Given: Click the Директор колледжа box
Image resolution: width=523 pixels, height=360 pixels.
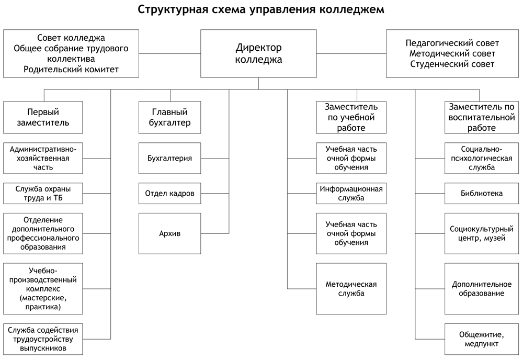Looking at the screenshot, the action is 258,54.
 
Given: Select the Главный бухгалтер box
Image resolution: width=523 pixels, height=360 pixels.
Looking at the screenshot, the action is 170,117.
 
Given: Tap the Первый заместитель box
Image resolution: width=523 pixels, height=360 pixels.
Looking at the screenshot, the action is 43,117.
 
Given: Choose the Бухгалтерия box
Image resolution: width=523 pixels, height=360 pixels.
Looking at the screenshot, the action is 170,158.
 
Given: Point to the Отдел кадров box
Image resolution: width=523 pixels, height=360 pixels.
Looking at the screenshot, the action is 170,194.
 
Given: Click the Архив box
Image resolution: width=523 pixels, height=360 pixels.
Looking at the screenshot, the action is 170,233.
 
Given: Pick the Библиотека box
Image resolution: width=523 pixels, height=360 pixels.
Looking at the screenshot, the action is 482,194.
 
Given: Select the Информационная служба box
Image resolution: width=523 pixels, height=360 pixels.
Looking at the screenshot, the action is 351,194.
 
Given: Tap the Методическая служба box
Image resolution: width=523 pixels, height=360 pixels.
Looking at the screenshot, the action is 351,289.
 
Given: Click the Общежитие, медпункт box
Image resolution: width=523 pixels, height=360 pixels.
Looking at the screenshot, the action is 482,339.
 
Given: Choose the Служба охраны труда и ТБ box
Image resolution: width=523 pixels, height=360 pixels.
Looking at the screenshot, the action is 43,194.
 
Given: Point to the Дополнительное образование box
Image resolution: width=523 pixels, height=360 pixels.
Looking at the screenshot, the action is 482,289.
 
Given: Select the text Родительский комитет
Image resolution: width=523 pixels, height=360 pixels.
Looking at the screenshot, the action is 71,70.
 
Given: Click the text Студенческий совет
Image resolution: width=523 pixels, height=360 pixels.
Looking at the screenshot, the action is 452,64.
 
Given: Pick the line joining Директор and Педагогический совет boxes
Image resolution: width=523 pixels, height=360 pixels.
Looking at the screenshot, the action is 351,53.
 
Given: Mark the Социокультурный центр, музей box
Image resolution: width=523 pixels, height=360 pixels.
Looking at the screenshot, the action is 482,233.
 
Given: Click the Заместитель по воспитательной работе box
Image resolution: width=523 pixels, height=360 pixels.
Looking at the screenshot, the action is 482,117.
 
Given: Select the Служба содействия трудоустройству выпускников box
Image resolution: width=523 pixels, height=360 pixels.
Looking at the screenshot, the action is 43,339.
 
